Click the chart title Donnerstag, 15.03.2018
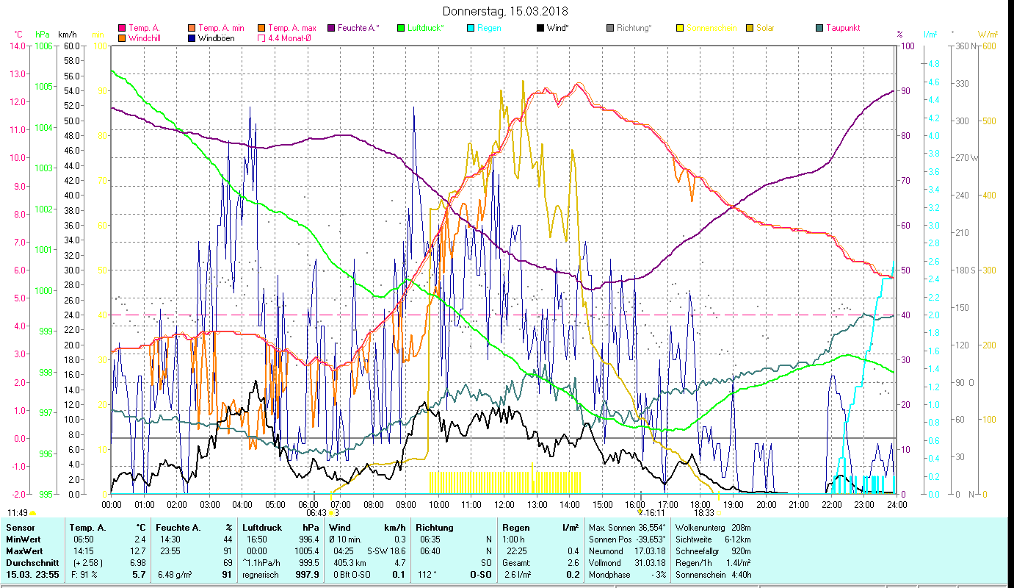[506, 12]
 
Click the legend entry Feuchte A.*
[358, 28]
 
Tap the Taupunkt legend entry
[842, 28]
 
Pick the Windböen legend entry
[217, 38]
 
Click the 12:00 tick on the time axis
[504, 504]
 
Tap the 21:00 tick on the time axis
[799, 504]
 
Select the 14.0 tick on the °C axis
[16, 46]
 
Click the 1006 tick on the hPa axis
[43, 46]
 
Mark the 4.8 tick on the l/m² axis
[913, 64]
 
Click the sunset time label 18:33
[704, 513]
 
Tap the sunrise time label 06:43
[316, 513]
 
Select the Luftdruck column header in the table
[262, 527]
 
